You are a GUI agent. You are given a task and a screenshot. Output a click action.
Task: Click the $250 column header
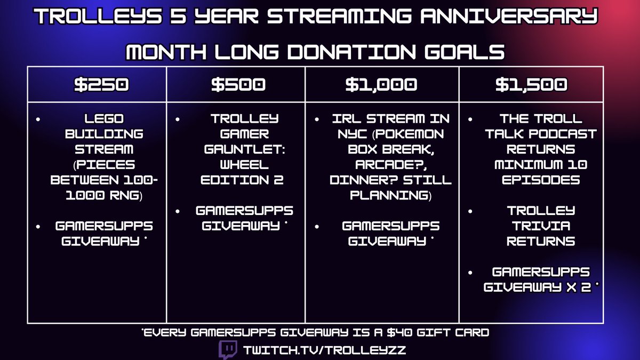click(101, 85)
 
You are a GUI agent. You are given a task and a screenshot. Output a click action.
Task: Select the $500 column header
click(238, 85)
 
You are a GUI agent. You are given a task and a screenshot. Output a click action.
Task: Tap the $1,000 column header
click(381, 85)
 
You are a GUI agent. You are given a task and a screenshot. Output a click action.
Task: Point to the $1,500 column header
click(531, 85)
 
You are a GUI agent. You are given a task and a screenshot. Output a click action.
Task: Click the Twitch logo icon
click(228, 349)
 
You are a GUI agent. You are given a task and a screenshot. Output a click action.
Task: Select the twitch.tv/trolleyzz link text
click(324, 350)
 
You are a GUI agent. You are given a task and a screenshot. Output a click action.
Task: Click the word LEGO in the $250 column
click(104, 118)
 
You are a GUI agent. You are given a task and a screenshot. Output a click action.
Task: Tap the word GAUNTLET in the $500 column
click(244, 149)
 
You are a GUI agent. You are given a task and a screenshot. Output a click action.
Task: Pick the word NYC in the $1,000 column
click(352, 134)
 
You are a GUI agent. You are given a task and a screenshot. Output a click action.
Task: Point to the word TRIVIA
click(541, 226)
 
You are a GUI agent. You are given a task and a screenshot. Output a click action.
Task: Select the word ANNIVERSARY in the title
click(509, 15)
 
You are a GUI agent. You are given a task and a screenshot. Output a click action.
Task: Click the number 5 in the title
click(179, 15)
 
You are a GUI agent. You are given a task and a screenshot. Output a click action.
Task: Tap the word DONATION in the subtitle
click(351, 52)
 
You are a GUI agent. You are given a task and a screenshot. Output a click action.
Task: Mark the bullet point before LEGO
click(38, 119)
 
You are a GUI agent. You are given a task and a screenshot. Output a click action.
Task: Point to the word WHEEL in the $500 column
click(244, 165)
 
